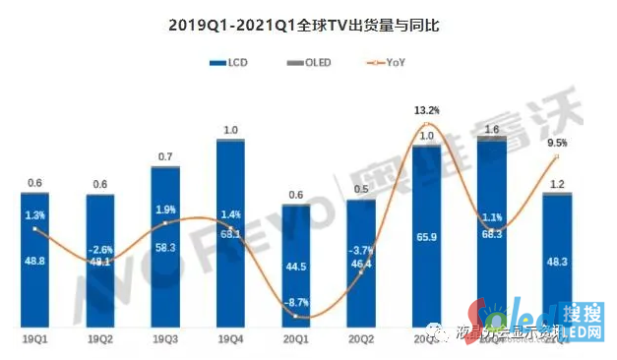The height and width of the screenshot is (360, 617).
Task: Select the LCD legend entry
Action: (x=229, y=63)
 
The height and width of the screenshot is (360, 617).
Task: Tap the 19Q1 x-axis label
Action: (x=34, y=338)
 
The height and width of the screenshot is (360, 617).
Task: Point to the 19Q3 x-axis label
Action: (x=165, y=338)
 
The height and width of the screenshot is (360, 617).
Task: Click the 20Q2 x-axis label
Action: (x=361, y=338)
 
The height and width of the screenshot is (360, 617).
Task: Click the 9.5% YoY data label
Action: (x=557, y=142)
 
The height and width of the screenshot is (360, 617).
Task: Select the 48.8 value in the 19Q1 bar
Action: (x=34, y=262)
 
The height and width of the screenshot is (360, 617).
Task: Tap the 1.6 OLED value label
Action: (x=492, y=129)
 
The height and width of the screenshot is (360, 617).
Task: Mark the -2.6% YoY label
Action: (x=99, y=250)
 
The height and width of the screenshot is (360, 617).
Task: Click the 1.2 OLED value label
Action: (x=557, y=184)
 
